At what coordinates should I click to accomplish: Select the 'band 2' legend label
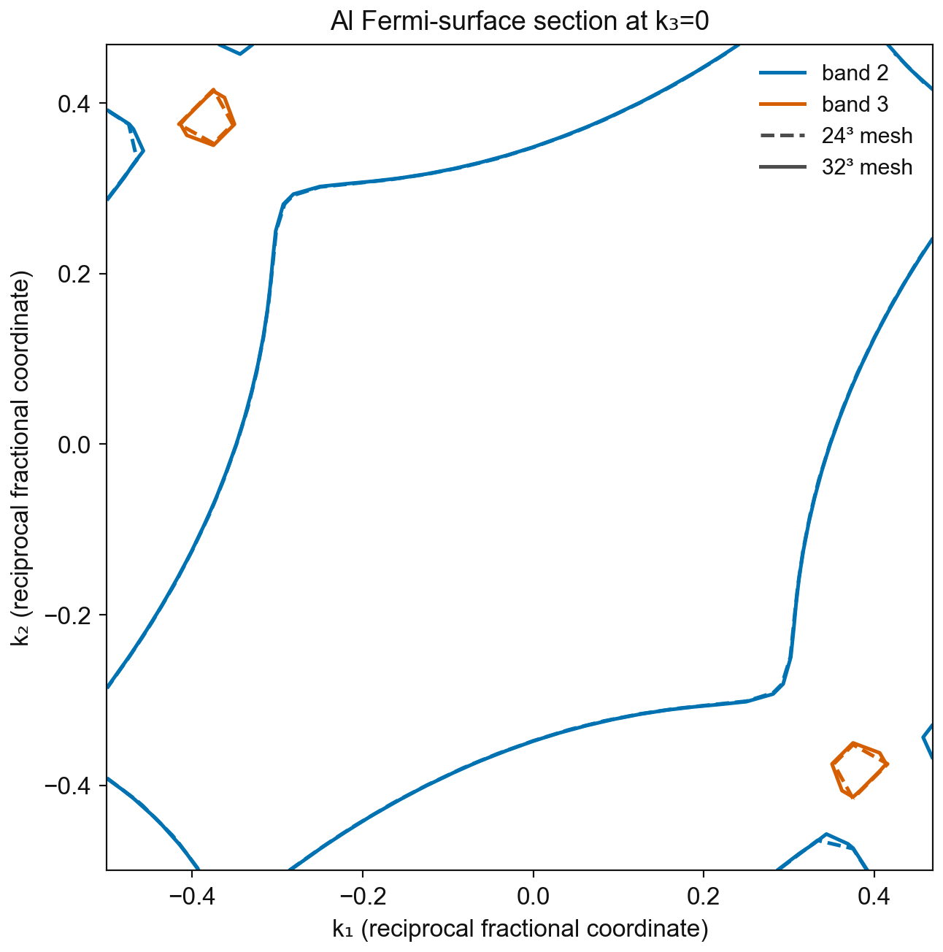855,73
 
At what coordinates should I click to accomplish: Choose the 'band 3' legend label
855,104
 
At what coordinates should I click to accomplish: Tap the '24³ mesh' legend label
867,136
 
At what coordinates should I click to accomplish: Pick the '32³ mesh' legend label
867,167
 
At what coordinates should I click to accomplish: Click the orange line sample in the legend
783,104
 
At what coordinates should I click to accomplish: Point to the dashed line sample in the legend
783,136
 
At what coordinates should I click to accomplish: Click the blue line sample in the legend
783,73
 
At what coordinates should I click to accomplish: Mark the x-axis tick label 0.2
703,897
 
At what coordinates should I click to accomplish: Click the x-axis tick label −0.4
192,897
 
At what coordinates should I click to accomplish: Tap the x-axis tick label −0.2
363,897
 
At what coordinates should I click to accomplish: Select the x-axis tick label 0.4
874,897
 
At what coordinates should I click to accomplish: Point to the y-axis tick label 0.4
74,104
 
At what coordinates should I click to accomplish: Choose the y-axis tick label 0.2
74,275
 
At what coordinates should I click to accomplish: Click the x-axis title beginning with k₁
520,929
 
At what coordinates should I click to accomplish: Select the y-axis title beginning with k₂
20,458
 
